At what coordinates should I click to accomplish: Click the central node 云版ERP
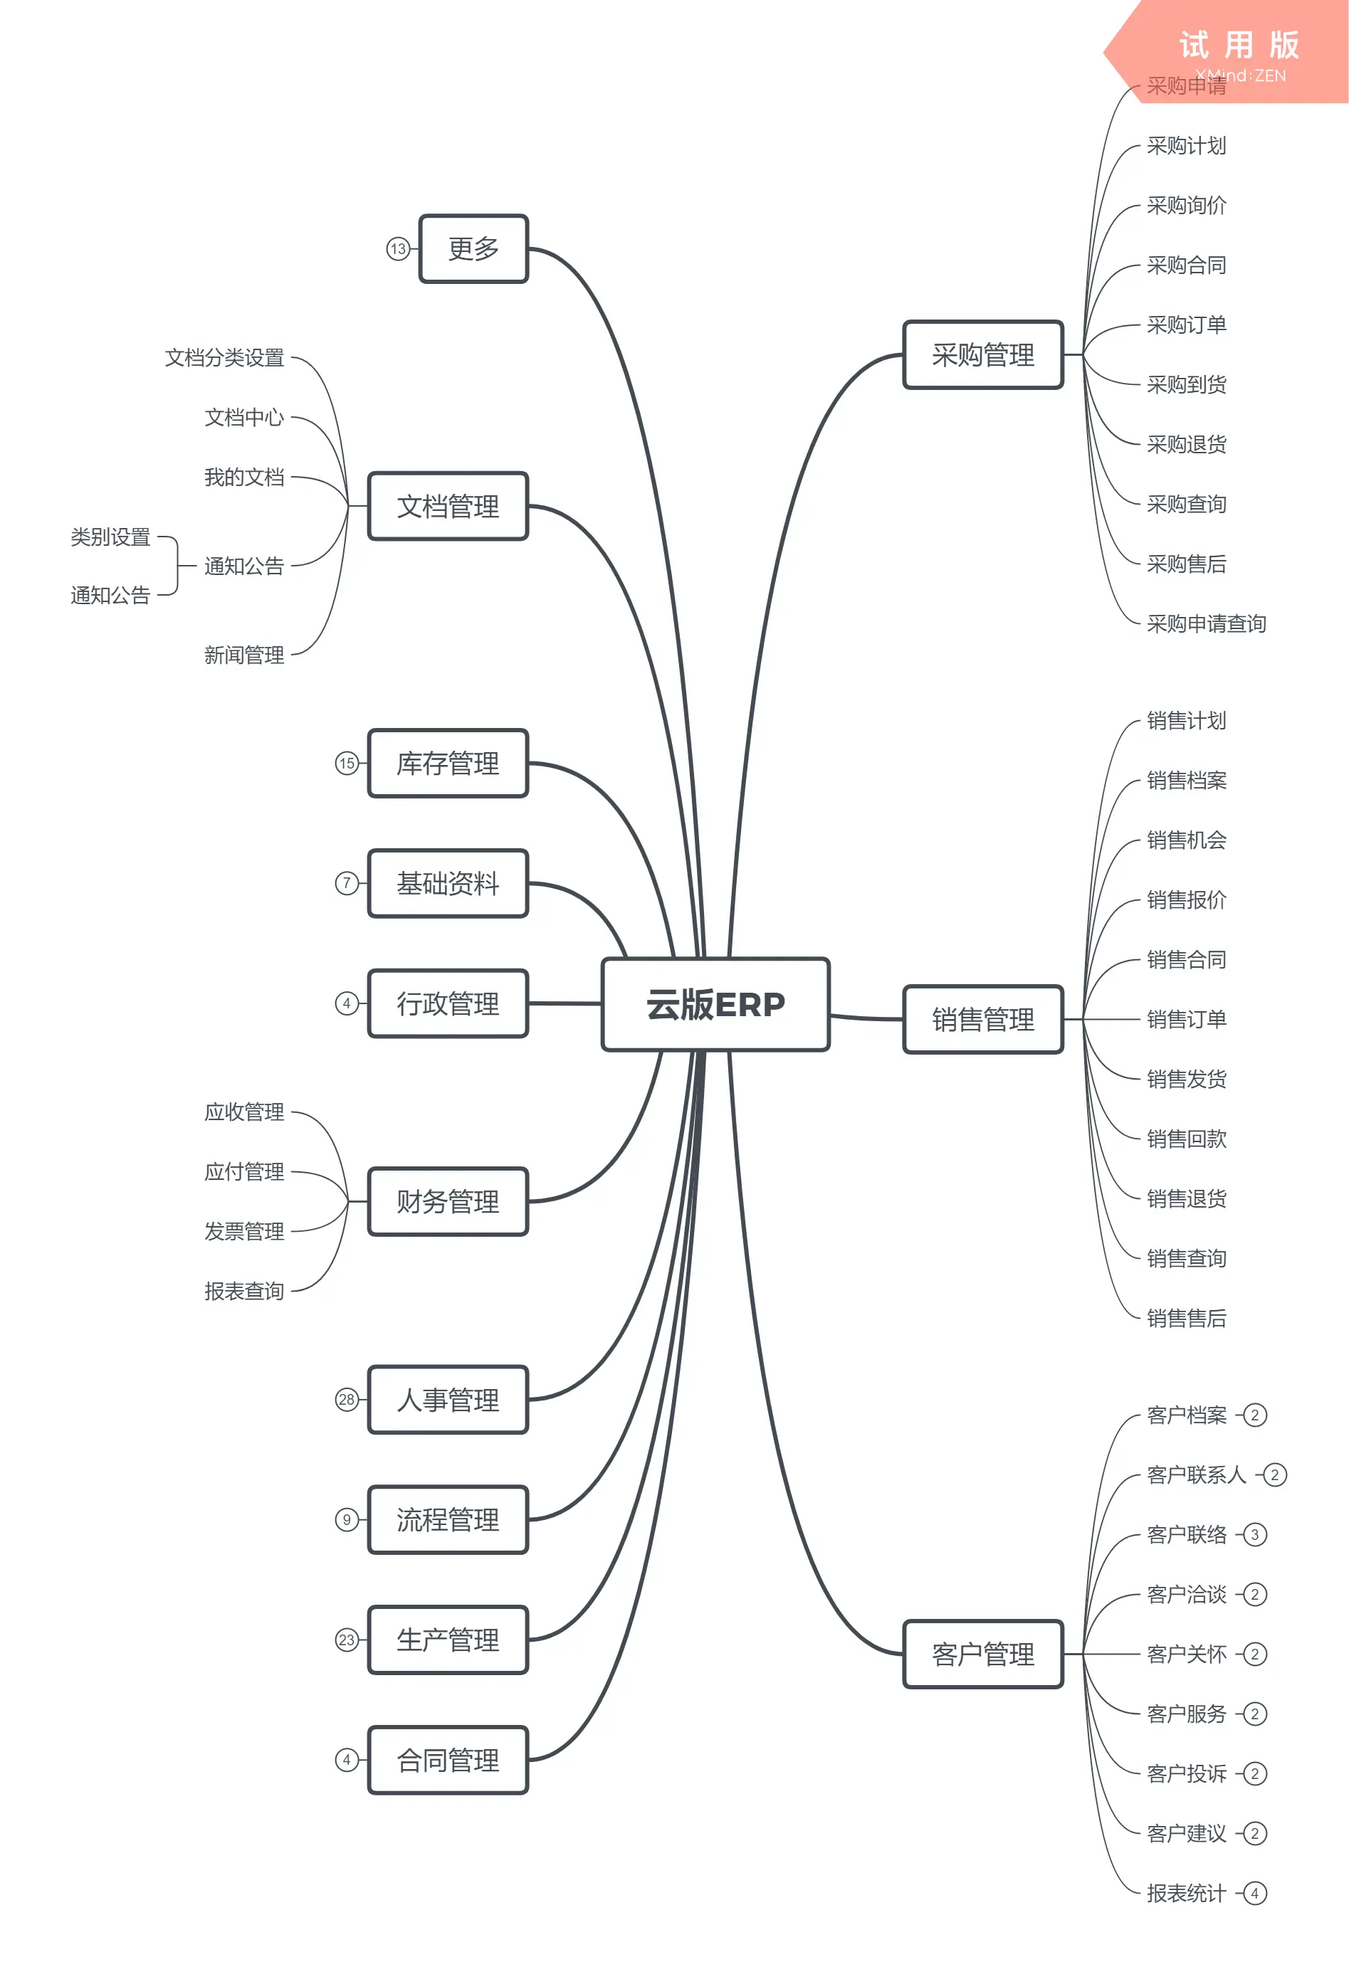pyautogui.click(x=715, y=1004)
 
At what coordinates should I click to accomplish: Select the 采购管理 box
pyautogui.click(x=983, y=355)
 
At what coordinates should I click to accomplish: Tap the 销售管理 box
pyautogui.click(x=983, y=1019)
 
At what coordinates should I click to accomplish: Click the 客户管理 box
pyautogui.click(x=983, y=1654)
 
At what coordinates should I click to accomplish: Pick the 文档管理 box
pyautogui.click(x=448, y=507)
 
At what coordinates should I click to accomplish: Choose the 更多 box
pyautogui.click(x=473, y=248)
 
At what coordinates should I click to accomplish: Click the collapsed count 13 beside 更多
pyautogui.click(x=398, y=248)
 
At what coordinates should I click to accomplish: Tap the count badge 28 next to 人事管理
pyautogui.click(x=347, y=1399)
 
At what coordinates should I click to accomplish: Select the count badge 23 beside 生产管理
pyautogui.click(x=347, y=1640)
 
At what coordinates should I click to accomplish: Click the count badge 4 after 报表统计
pyautogui.click(x=1254, y=1893)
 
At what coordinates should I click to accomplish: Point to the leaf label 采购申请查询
pyautogui.click(x=1206, y=623)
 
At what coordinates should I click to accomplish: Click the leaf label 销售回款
pyautogui.click(x=1186, y=1139)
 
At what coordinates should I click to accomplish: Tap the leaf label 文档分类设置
pyautogui.click(x=225, y=358)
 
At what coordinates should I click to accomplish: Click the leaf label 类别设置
pyautogui.click(x=111, y=537)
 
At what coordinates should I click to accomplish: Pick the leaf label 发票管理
pyautogui.click(x=244, y=1231)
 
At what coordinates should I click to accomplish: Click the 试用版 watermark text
pyautogui.click(x=1239, y=45)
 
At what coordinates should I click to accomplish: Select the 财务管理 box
pyautogui.click(x=448, y=1201)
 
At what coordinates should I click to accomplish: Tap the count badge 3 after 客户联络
pyautogui.click(x=1254, y=1534)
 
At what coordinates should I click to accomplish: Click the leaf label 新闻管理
pyautogui.click(x=244, y=655)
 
